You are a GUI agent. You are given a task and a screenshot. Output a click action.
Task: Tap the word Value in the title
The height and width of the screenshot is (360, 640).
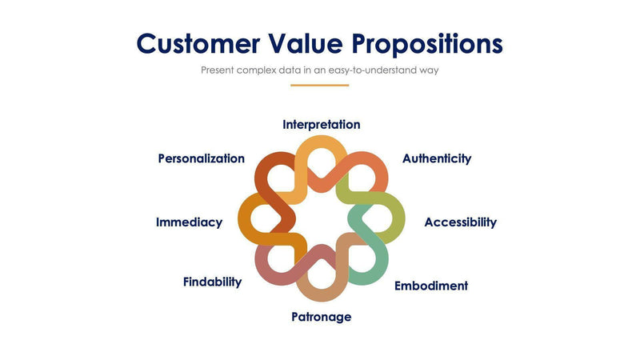[x=308, y=43]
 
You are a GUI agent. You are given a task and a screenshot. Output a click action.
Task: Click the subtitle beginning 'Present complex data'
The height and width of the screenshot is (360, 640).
[x=320, y=70]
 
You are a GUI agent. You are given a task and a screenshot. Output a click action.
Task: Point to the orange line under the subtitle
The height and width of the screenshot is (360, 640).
[x=320, y=85]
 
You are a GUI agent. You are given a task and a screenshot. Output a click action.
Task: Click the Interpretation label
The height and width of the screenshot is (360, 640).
[x=321, y=125]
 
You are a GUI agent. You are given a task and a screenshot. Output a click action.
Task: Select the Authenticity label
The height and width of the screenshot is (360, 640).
[x=436, y=158]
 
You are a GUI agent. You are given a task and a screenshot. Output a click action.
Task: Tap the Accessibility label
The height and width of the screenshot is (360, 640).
[x=460, y=222]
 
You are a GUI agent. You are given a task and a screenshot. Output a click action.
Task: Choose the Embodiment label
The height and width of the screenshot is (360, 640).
[x=430, y=286]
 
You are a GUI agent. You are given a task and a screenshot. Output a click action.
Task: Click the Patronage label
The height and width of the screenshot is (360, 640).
[x=321, y=317]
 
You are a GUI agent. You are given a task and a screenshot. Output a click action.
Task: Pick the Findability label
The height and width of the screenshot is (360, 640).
[x=212, y=282]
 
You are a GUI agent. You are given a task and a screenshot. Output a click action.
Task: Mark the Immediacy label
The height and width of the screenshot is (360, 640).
[x=189, y=222]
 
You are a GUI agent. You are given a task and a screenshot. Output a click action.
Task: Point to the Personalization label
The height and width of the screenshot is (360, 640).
[x=201, y=158]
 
